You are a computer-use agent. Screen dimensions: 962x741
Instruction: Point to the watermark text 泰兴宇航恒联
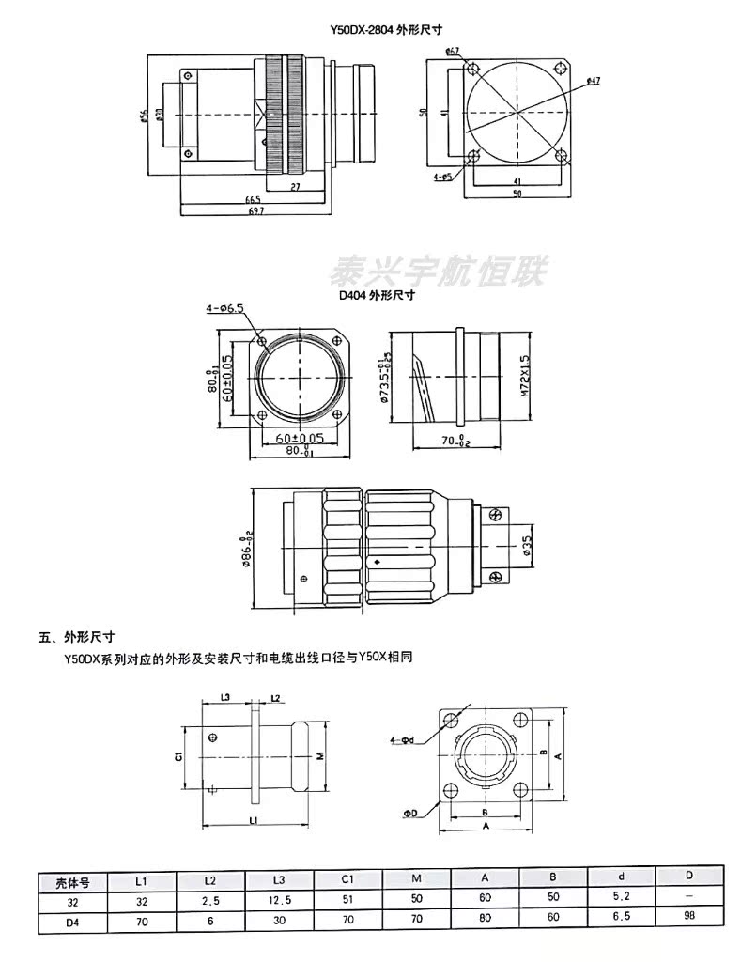tap(441, 272)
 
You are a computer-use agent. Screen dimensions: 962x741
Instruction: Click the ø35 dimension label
tap(528, 546)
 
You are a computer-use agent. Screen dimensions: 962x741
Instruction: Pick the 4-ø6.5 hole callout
tap(224, 308)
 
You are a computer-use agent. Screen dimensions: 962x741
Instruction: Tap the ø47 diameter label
tap(593, 82)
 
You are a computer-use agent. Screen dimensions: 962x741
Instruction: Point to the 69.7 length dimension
tap(255, 210)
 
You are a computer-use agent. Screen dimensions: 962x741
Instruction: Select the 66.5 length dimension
tap(253, 199)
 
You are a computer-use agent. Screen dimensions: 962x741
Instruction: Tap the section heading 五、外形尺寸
tap(76, 636)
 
